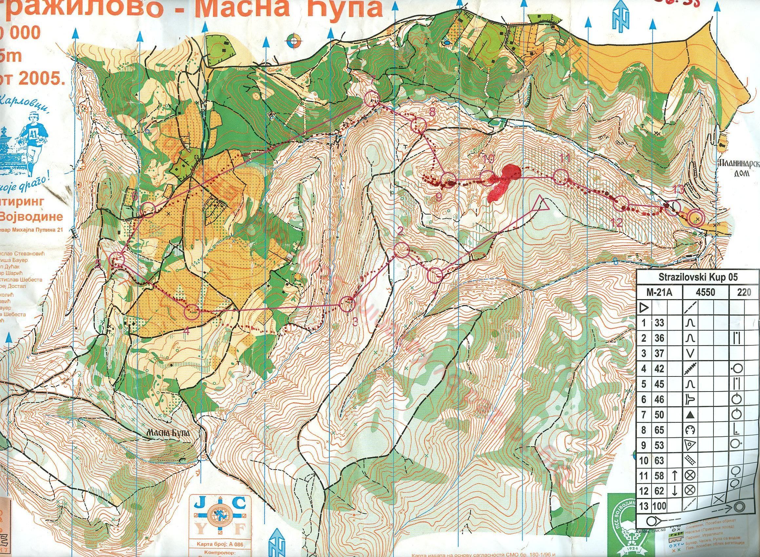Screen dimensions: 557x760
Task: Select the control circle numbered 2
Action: pos(401,250)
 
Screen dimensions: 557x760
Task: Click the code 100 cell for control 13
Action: pos(657,515)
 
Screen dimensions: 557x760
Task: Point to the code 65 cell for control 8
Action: pos(657,439)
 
